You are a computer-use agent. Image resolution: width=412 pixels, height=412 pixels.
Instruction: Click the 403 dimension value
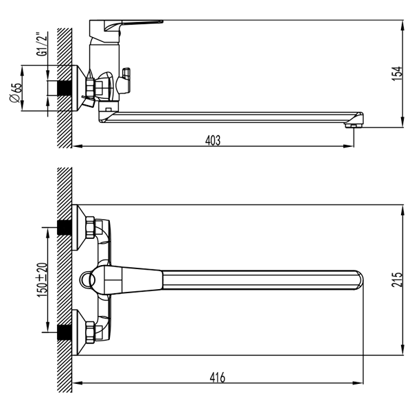[213, 140]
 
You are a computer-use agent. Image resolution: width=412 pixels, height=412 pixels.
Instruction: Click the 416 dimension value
[218, 378]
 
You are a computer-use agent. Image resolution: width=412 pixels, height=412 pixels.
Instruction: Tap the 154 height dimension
[398, 74]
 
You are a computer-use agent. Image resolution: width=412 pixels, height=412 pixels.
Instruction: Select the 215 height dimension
[398, 279]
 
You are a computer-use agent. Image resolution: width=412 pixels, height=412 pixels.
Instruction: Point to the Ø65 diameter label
[15, 93]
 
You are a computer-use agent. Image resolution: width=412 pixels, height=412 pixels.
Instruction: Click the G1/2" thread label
[43, 44]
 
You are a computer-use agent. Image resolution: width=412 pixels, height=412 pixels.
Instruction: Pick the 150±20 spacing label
[43, 280]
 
